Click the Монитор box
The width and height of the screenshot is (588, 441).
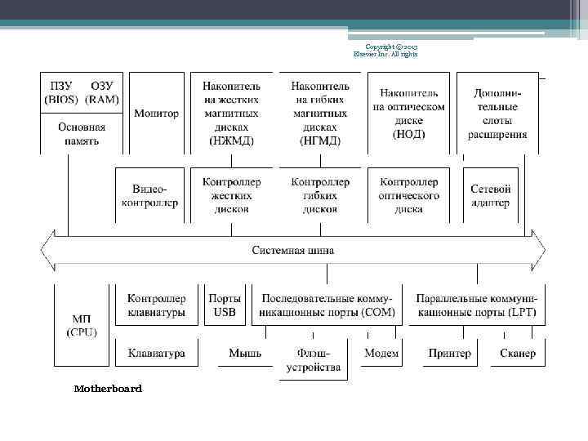[156, 113]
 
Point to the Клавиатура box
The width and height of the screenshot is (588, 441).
[156, 354]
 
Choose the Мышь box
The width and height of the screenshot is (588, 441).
[245, 354]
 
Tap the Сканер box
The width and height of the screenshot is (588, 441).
[518, 354]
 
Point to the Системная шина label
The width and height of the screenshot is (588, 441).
[292, 250]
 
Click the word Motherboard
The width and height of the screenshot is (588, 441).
[108, 389]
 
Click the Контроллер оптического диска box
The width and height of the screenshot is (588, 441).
[408, 195]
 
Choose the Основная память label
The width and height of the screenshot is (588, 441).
[82, 134]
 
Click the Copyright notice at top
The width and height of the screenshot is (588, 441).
[385, 50]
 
